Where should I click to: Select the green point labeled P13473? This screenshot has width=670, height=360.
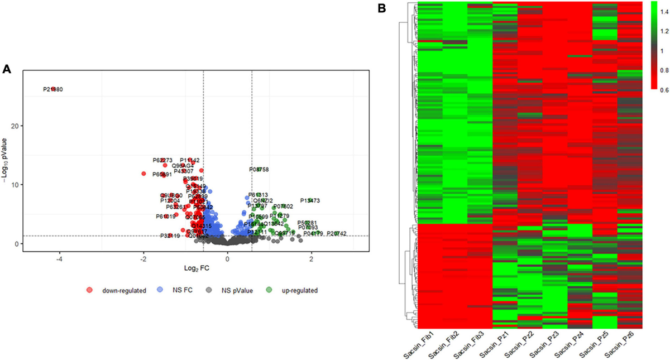click(310, 200)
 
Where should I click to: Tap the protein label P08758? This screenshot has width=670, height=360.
click(259, 169)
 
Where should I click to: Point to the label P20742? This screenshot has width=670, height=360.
click(337, 233)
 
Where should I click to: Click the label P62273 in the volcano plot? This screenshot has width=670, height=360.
click(162, 160)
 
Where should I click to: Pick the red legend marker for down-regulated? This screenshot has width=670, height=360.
click(89, 290)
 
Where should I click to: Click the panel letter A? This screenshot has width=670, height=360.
click(7, 69)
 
